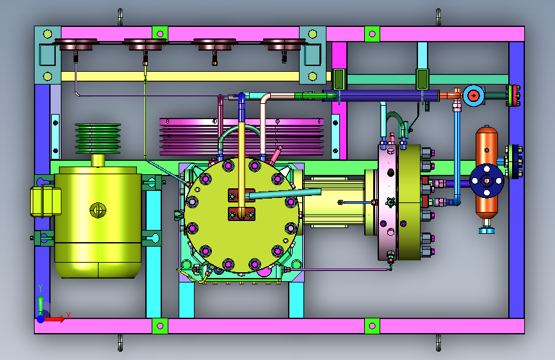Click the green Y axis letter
coord(40,288)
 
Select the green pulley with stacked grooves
coord(98,138)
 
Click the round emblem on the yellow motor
coord(98,209)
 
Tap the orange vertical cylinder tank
coord(487,156)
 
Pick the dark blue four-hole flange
coord(487,181)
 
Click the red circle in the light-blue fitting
coord(473,95)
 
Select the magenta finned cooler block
coord(241,137)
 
